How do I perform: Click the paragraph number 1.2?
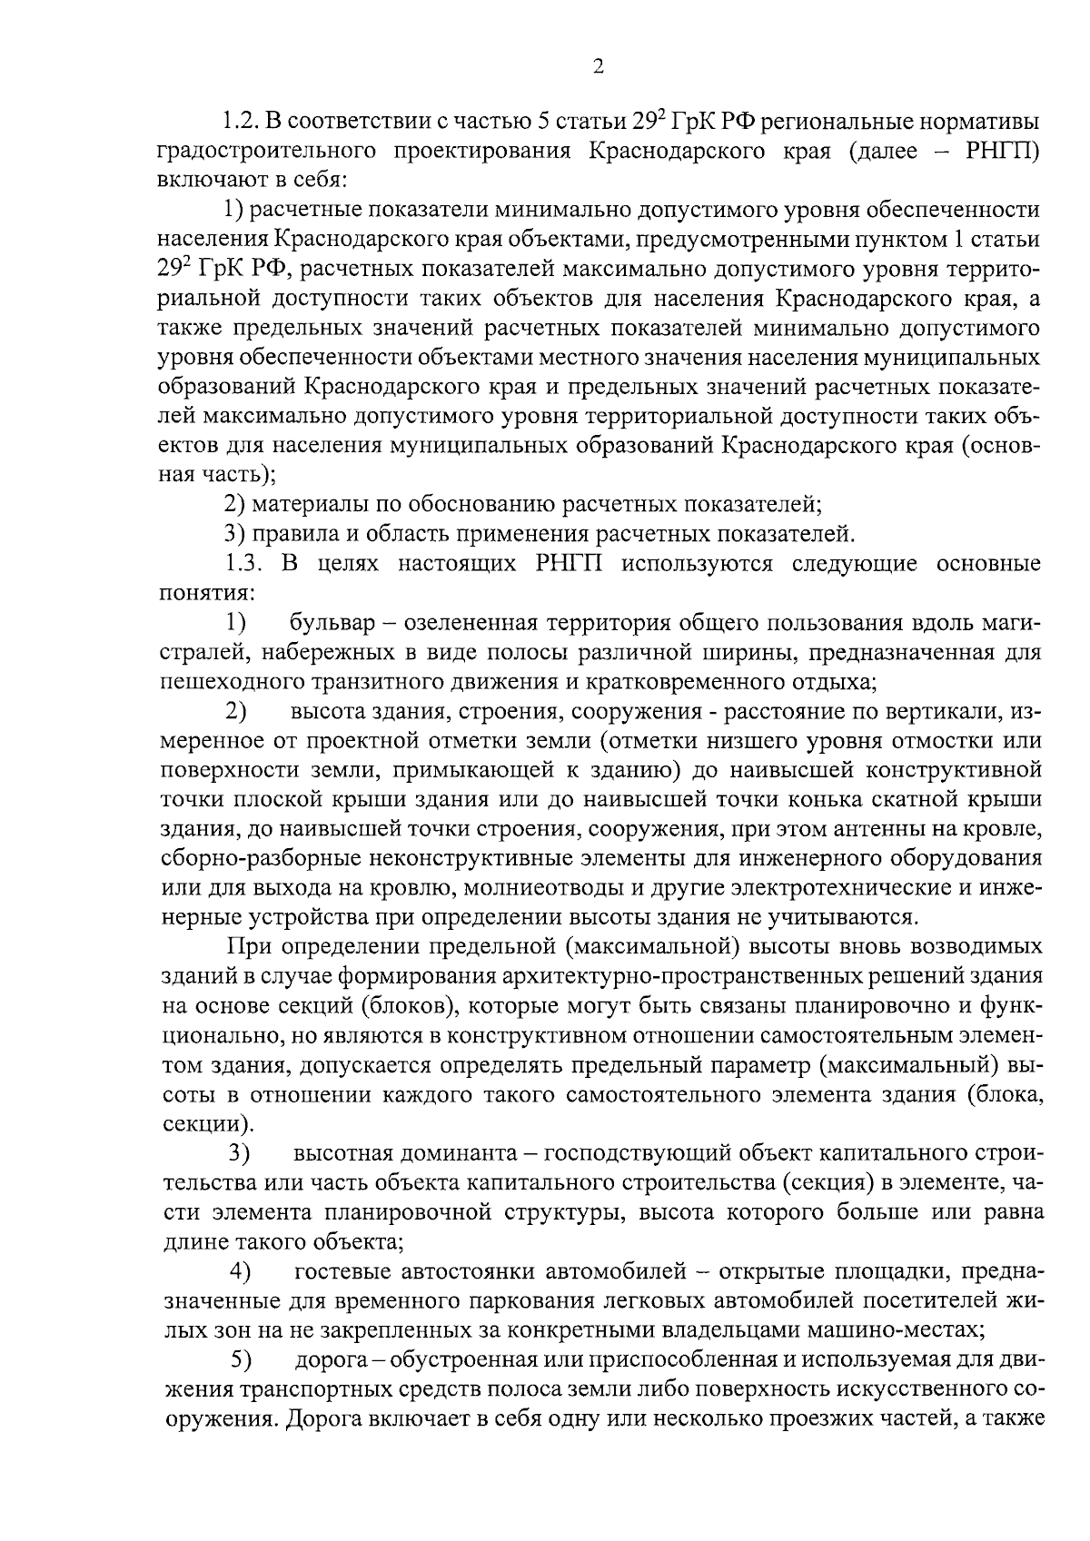click(x=242, y=122)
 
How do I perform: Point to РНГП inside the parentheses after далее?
click(x=1002, y=151)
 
